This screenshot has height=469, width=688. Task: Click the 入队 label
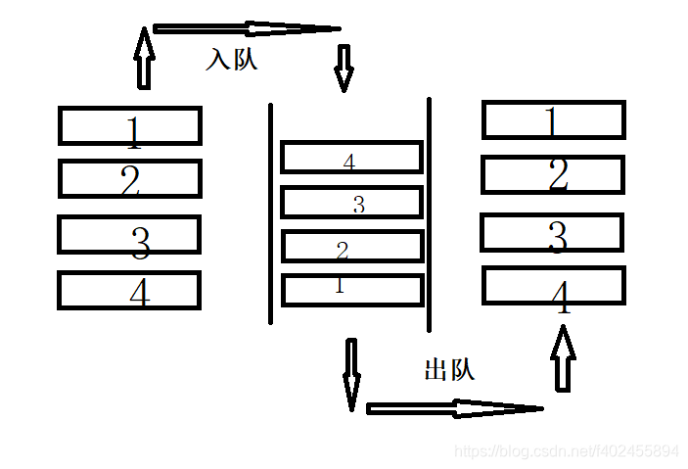click(x=231, y=59)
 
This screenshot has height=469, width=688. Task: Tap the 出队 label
click(x=449, y=370)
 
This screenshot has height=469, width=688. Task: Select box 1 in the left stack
click(x=129, y=125)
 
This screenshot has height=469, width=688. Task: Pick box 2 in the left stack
click(x=129, y=179)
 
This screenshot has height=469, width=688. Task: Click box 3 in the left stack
click(x=129, y=235)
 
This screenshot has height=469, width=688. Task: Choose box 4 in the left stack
click(x=129, y=291)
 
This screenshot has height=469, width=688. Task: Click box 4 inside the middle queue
click(x=351, y=157)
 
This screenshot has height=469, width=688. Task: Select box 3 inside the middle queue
click(x=351, y=203)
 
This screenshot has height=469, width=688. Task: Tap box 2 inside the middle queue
click(x=351, y=247)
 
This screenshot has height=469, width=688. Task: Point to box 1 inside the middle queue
click(x=351, y=290)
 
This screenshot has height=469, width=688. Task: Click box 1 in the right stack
click(x=553, y=120)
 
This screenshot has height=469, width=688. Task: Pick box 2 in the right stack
click(x=553, y=174)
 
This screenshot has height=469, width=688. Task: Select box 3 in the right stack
click(x=552, y=233)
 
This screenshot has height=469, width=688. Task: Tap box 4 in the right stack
click(x=553, y=285)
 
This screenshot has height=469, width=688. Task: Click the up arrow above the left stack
click(x=145, y=59)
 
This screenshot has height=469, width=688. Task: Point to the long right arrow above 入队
click(x=246, y=28)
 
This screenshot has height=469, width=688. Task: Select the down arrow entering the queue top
click(x=344, y=67)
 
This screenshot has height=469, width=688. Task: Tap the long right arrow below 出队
click(x=454, y=407)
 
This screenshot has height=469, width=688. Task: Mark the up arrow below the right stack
click(x=562, y=357)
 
